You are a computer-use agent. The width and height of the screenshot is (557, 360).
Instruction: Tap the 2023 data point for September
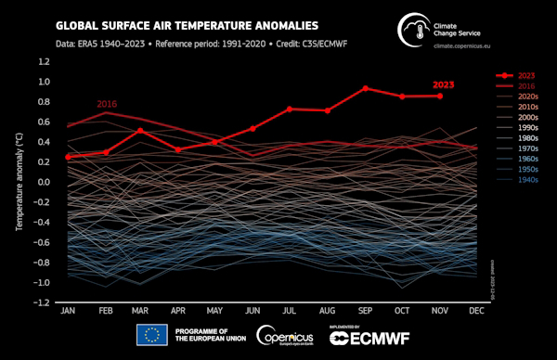(365, 88)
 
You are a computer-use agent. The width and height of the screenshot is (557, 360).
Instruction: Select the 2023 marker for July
(291, 109)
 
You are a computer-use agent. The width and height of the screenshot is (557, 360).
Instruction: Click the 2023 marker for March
(141, 130)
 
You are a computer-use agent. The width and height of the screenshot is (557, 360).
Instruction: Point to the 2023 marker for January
(68, 157)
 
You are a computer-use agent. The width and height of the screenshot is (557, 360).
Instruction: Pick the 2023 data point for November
(440, 96)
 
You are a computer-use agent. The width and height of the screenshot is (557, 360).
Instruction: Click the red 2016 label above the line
(107, 104)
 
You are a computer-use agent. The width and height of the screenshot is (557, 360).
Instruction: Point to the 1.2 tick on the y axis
(44, 61)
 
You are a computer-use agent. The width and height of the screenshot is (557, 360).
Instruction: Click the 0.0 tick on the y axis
(44, 182)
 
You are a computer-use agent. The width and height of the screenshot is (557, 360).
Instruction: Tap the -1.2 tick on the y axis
(42, 302)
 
